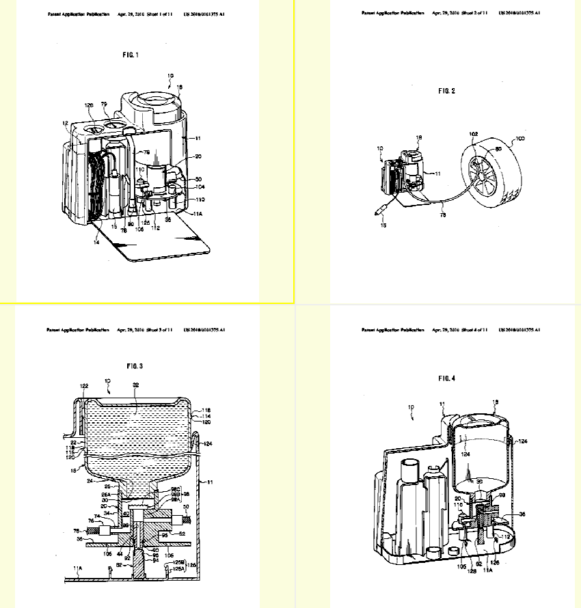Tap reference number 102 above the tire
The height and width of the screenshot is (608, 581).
474,135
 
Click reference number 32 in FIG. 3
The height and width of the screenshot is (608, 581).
136,385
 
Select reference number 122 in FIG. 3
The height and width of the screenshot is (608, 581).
83,386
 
